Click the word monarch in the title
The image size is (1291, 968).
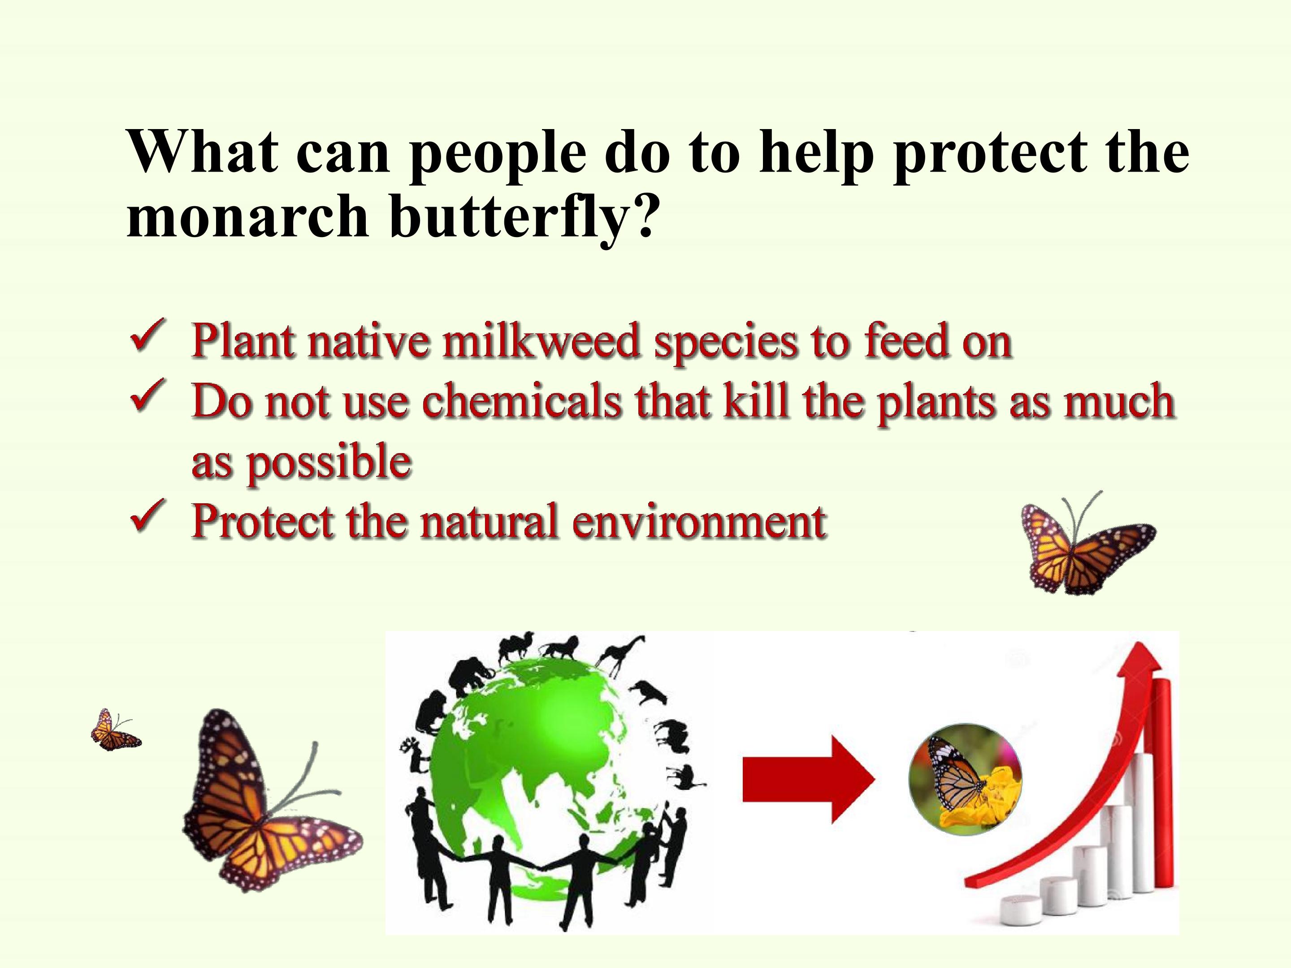click(x=248, y=216)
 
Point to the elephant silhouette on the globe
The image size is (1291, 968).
click(x=476, y=676)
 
